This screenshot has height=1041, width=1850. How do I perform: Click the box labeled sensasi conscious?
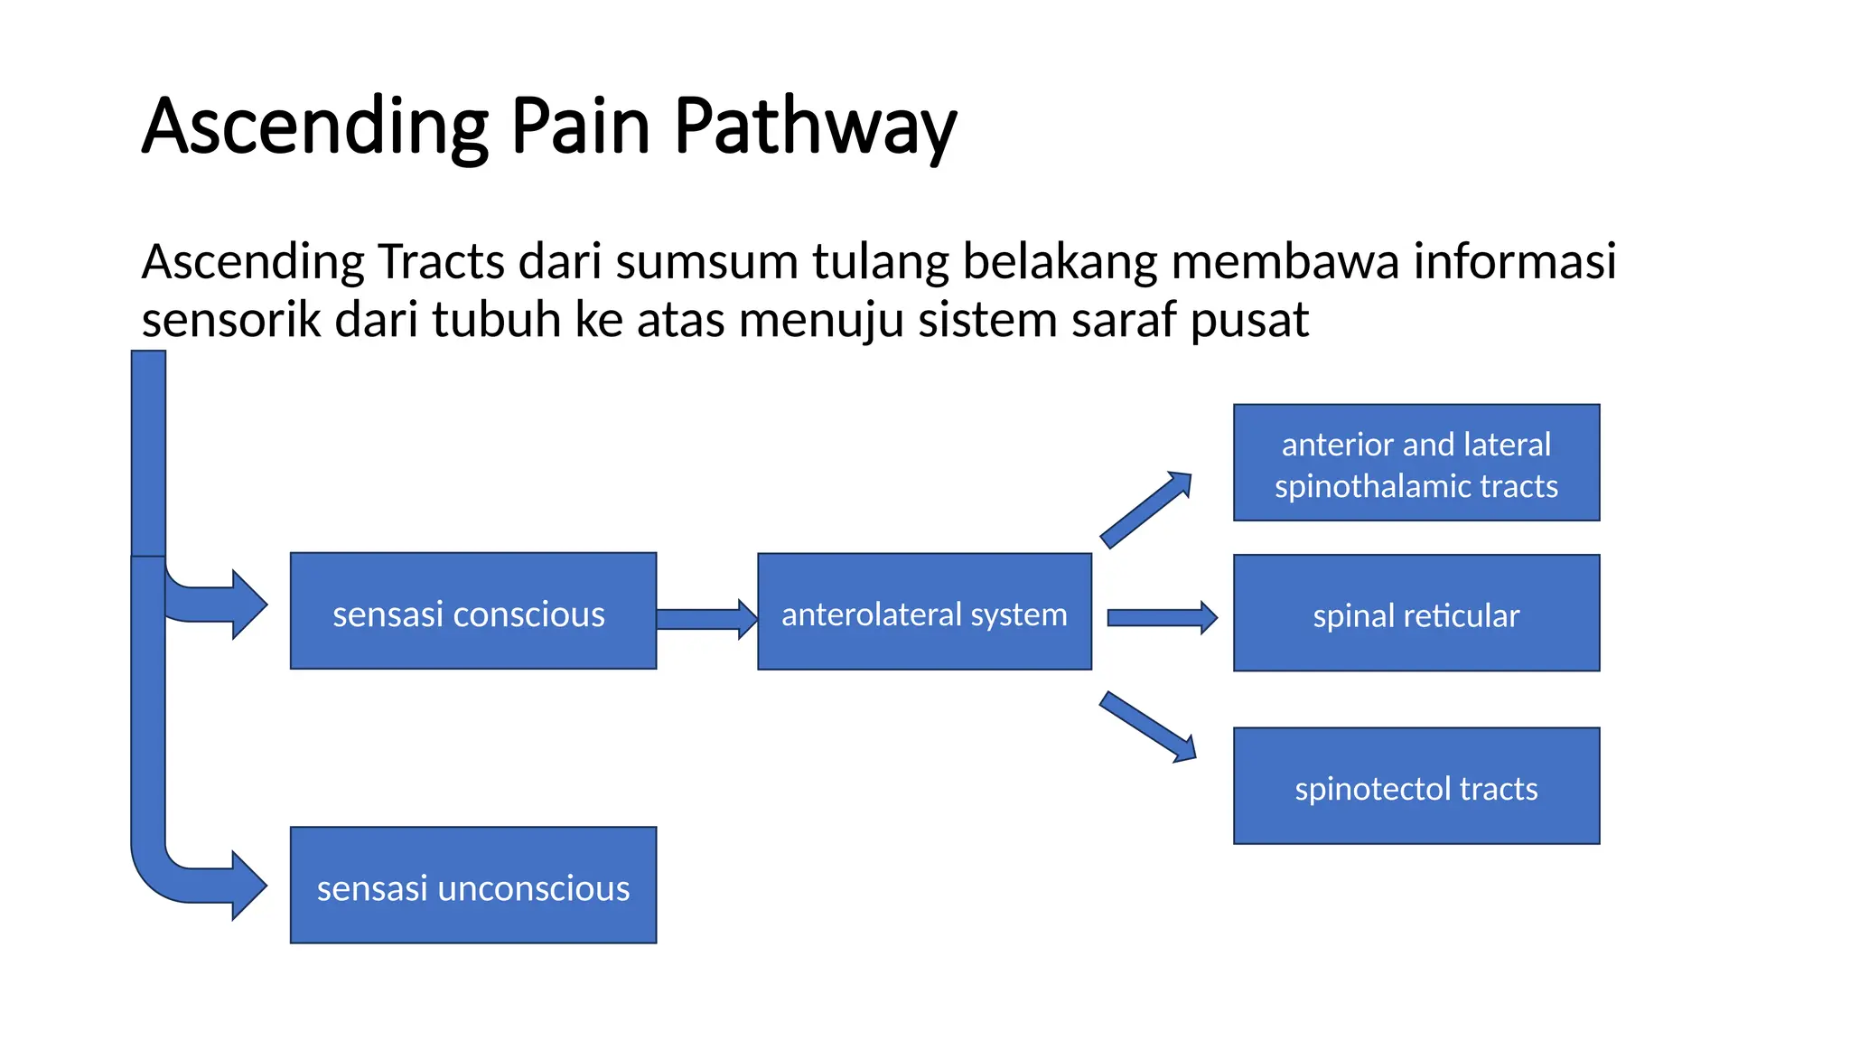click(x=472, y=612)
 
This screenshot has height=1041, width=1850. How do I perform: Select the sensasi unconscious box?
click(x=472, y=886)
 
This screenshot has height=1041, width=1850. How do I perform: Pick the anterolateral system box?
click(x=924, y=612)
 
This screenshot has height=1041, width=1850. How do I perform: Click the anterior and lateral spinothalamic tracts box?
click(x=1416, y=463)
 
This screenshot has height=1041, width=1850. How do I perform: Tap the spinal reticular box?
click(x=1416, y=614)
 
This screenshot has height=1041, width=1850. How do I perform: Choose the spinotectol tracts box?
click(x=1416, y=786)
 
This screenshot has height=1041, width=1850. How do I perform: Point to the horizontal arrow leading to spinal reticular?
click(x=1161, y=618)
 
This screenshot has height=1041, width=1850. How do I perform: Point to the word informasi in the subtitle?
click(x=1514, y=262)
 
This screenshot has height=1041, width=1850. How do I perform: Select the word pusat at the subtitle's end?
click(x=1249, y=320)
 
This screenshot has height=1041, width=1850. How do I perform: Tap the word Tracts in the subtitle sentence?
click(x=441, y=262)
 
